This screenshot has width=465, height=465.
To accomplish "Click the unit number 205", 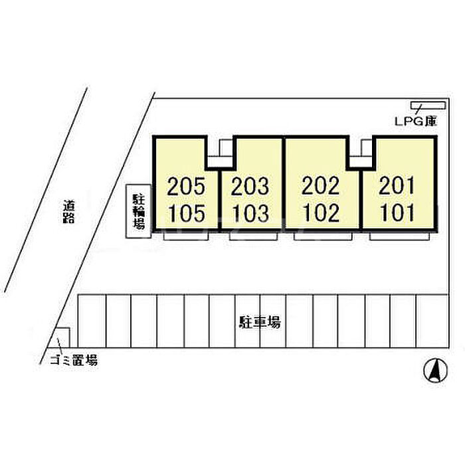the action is (x=186, y=186).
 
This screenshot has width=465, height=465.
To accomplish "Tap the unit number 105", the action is (x=187, y=213).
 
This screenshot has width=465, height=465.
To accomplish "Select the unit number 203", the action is (x=250, y=186).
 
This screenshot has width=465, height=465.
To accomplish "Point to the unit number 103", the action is (x=251, y=213).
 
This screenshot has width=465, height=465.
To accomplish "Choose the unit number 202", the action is (x=321, y=185).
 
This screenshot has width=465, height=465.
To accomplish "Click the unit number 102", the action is (x=322, y=213).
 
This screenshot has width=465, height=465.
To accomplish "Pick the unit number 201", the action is (x=396, y=185).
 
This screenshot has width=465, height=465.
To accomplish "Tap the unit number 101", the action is (x=397, y=213).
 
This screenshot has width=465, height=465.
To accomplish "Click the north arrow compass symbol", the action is (x=435, y=371).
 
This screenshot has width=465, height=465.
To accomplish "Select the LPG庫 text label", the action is (x=416, y=121).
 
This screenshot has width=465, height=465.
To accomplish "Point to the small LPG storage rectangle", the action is (x=428, y=105).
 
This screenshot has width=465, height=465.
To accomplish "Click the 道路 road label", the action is (x=69, y=212).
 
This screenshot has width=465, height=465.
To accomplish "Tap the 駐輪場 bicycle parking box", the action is (x=138, y=211).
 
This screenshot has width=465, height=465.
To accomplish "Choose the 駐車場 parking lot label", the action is (x=260, y=322).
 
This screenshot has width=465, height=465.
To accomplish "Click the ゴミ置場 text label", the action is (x=74, y=360).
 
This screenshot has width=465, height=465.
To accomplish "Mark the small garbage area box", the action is (x=62, y=337).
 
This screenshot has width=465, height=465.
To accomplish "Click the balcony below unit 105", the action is (x=186, y=236).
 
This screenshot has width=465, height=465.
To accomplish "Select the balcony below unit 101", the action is (x=399, y=236).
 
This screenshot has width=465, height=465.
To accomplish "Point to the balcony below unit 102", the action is (x=323, y=236).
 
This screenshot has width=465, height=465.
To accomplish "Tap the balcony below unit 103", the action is (x=254, y=236).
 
